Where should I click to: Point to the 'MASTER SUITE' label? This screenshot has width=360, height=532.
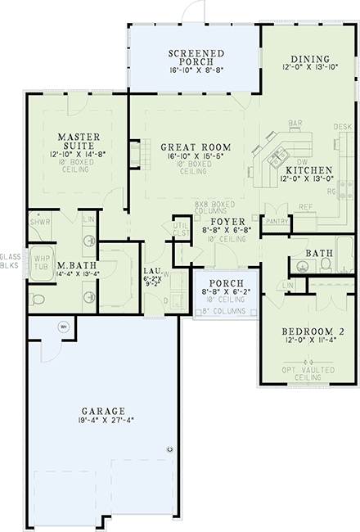point(78,138)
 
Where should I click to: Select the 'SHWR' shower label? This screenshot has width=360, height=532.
point(39,222)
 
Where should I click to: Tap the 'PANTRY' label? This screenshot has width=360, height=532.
point(277,220)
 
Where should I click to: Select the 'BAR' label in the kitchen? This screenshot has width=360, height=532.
point(295,124)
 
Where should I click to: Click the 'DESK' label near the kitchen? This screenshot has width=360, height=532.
point(343,128)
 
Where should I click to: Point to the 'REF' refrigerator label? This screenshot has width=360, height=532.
point(304,206)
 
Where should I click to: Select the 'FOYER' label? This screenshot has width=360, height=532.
point(224,222)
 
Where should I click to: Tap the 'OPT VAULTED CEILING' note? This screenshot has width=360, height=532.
point(308,373)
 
